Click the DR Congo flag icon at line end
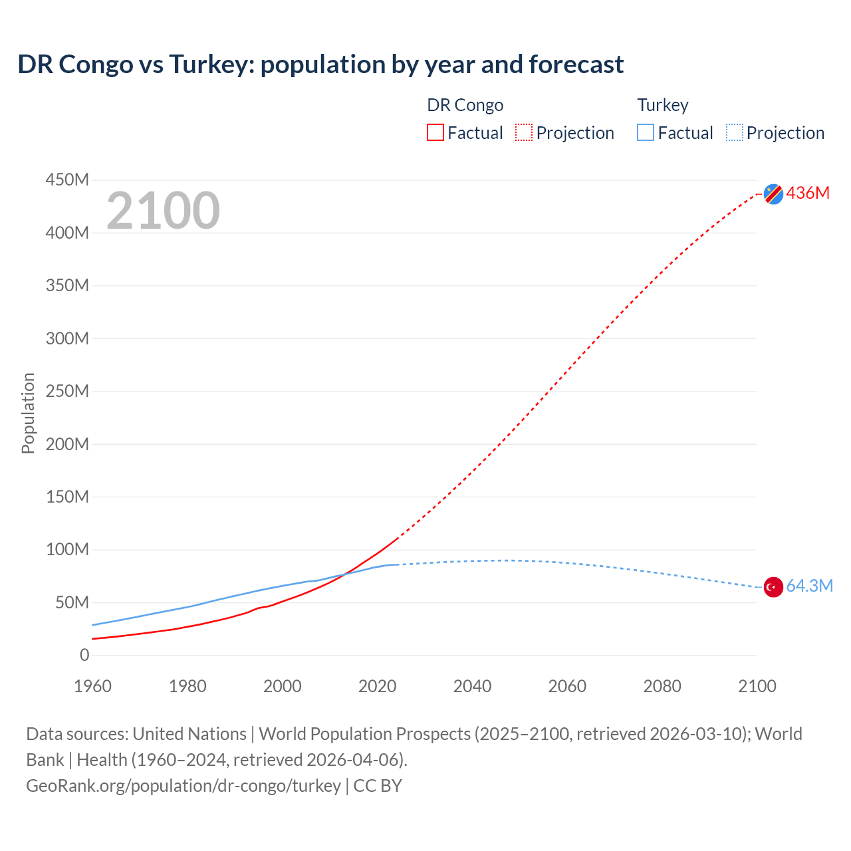[773, 193]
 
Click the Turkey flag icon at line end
[773, 587]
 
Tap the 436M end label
[808, 193]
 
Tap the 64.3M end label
[809, 586]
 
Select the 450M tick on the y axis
[67, 180]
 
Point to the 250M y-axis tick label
[67, 391]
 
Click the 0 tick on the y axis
[84, 655]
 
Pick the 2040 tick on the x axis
[472, 686]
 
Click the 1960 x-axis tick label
[92, 686]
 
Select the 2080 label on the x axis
[662, 686]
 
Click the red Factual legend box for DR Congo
[435, 132]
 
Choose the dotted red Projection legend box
[524, 132]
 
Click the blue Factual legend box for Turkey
[646, 132]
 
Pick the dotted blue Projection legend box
[735, 132]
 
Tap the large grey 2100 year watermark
[163, 211]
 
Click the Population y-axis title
[28, 414]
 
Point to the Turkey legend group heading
[663, 105]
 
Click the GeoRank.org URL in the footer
[183, 786]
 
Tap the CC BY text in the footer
[378, 786]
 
